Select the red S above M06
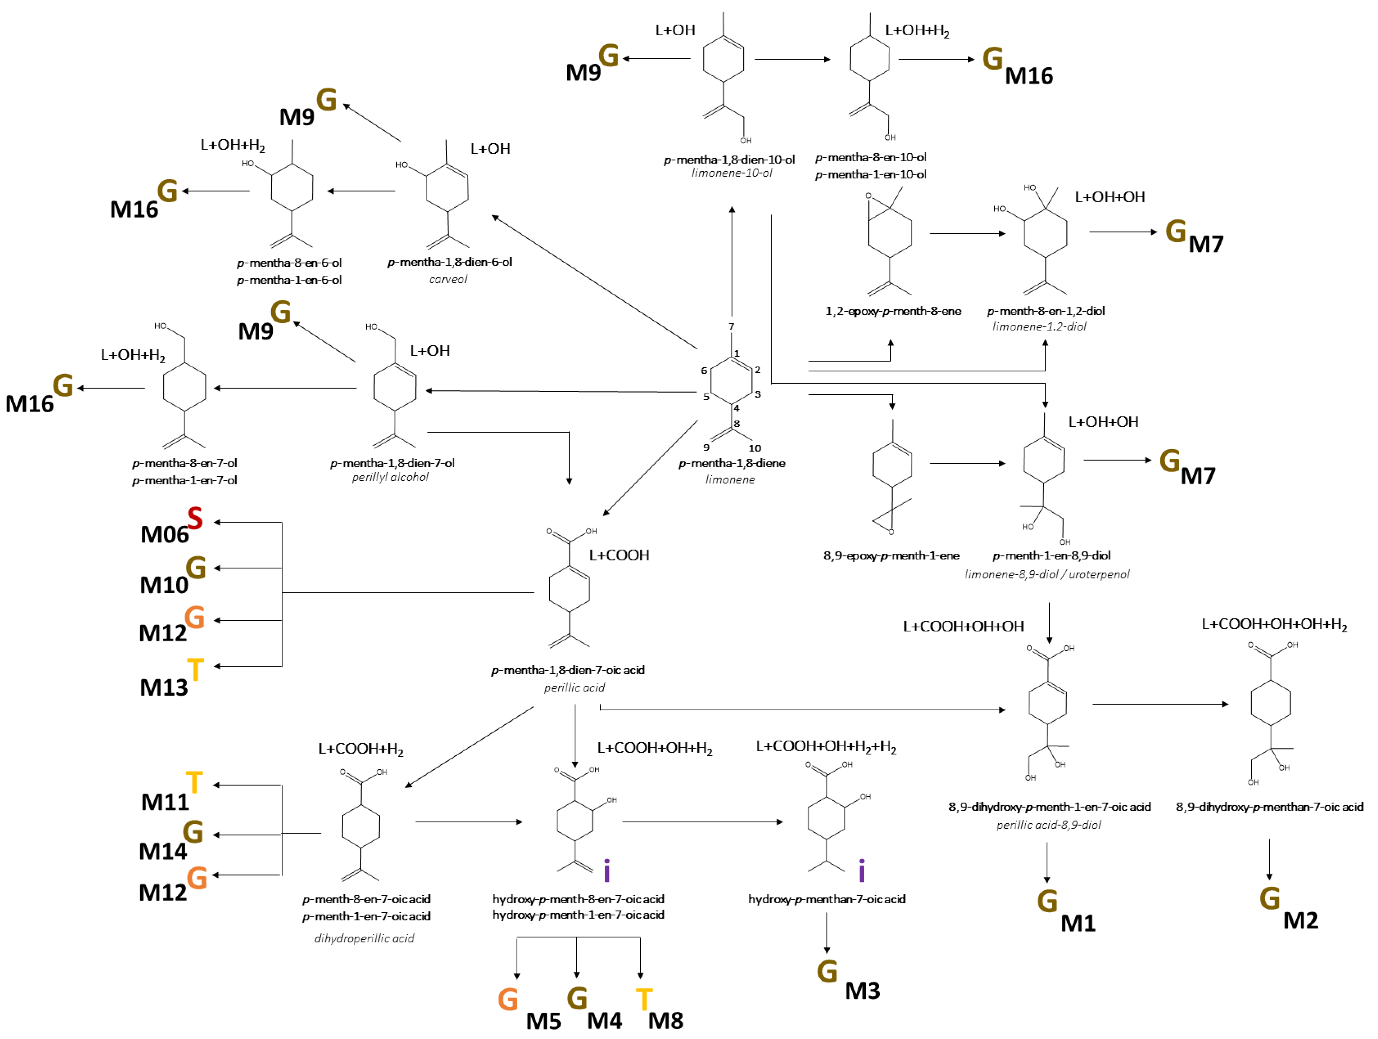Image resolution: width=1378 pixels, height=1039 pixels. pos(195,518)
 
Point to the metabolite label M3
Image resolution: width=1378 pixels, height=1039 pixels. pos(862,990)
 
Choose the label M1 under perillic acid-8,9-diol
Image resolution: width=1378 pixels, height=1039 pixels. pos(1078,923)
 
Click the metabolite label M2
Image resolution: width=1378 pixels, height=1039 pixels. pos(1301,921)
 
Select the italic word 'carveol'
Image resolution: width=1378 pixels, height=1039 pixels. pos(447,279)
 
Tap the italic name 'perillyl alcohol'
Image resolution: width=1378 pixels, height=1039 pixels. pos(390,477)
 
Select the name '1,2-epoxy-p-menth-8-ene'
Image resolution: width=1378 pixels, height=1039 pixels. pos(893,311)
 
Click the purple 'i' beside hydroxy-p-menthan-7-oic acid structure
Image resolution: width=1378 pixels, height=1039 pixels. pos(862,871)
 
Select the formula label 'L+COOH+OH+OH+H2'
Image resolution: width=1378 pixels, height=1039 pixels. pos(1274,625)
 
